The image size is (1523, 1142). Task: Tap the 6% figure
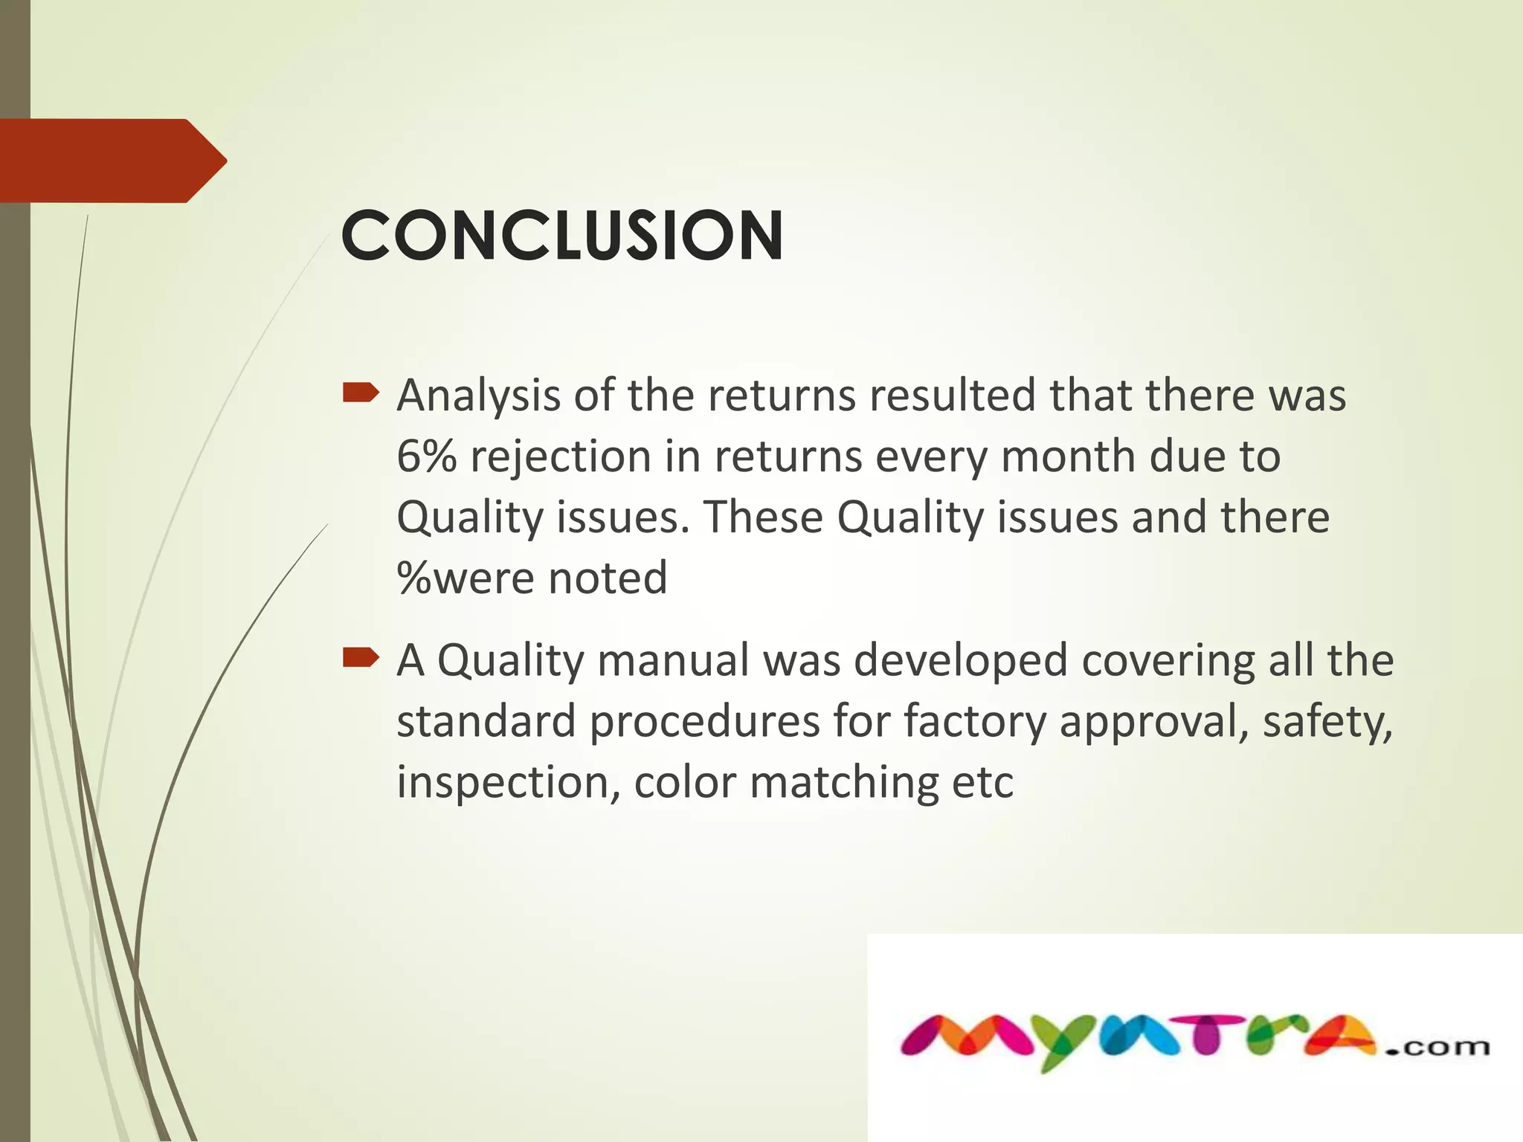426,456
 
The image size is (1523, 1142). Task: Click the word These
763,517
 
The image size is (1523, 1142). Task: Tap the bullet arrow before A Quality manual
361,657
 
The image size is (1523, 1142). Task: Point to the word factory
975,722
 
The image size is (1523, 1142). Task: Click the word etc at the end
982,783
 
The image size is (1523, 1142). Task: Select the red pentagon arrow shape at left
112,161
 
